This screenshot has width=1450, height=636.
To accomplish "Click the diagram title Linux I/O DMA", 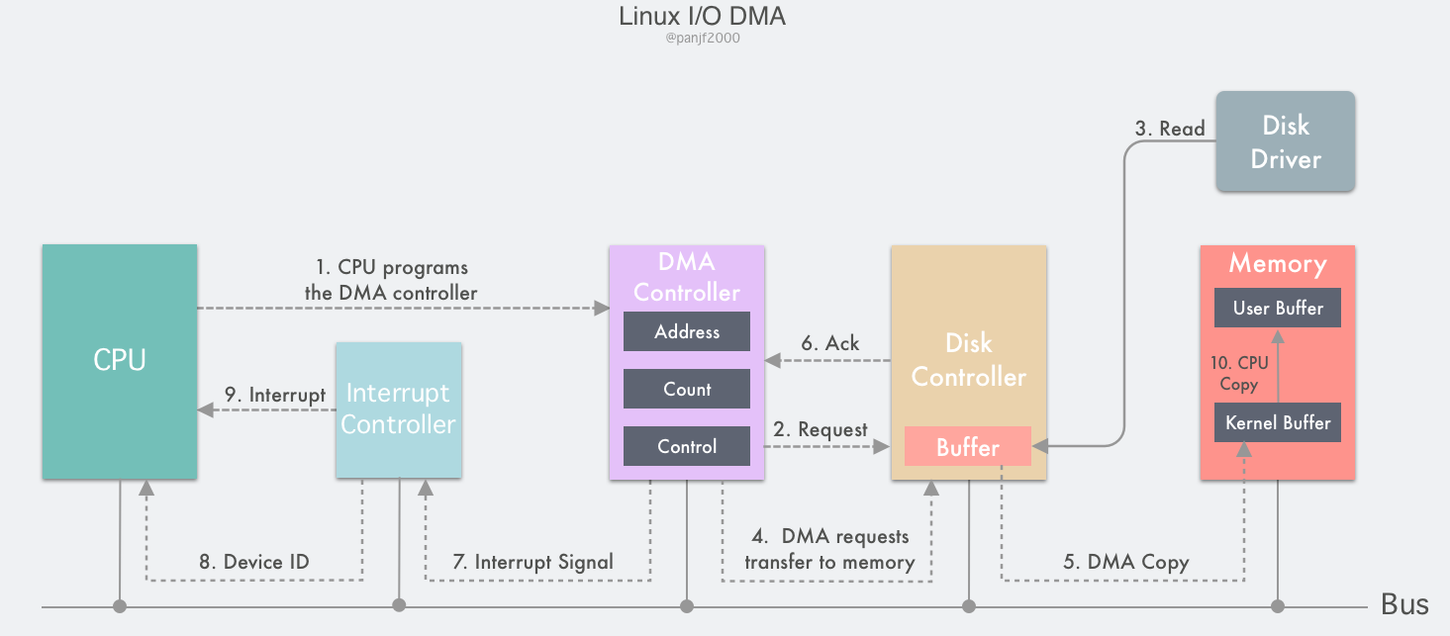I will click(x=703, y=17).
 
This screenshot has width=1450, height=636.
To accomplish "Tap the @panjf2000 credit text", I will click(x=703, y=40).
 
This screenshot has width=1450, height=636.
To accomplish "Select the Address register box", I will click(x=687, y=332).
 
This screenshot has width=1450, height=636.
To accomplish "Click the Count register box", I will click(x=687, y=390).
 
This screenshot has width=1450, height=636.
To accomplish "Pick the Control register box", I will click(x=687, y=447).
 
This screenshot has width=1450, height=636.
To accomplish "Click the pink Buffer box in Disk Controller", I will click(x=968, y=447).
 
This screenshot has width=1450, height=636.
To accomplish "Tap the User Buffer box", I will click(x=1278, y=309).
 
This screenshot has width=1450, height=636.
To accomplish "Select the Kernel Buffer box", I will click(x=1278, y=423).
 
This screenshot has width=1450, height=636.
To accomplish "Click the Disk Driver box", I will click(x=1285, y=141).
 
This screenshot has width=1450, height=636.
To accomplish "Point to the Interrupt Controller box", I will click(x=398, y=410).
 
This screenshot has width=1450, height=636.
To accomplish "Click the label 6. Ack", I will click(x=829, y=343).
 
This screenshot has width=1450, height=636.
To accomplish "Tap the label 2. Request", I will click(x=820, y=430).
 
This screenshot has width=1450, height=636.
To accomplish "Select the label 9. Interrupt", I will click(x=274, y=395).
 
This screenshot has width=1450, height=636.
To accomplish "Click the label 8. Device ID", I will click(x=253, y=562).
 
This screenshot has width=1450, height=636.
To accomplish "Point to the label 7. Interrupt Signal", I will click(x=532, y=562).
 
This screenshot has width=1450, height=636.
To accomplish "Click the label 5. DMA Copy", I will click(x=1125, y=562).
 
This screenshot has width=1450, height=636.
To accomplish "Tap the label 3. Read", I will click(x=1169, y=129).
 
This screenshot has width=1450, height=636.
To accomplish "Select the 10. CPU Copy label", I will click(x=1238, y=374).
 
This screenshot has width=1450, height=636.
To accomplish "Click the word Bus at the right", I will click(x=1404, y=605).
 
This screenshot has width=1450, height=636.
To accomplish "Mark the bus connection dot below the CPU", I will click(x=120, y=605).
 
